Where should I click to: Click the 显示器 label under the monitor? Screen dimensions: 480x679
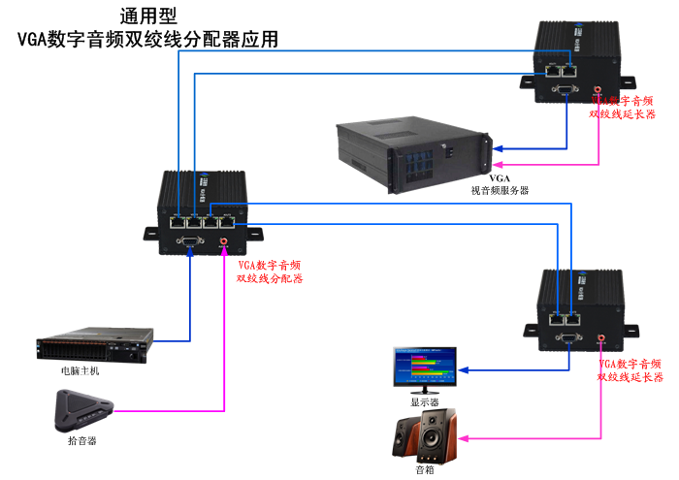coord(425,400)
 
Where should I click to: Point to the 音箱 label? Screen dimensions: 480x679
coord(424,470)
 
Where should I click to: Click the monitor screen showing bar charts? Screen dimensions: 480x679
coord(424,366)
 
